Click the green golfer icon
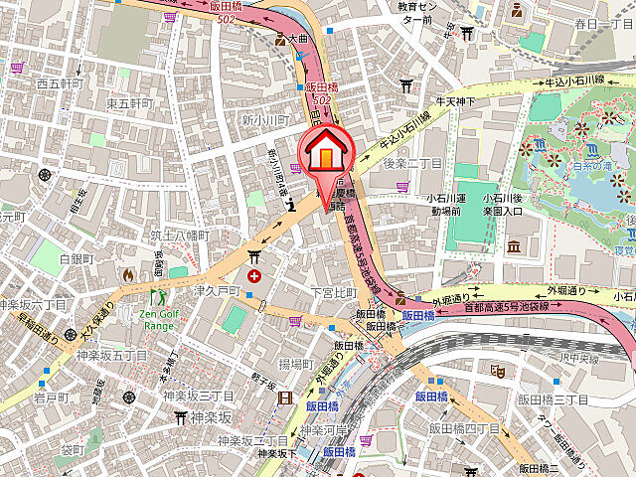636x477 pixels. tap(156, 296)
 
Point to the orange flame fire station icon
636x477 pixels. tap(126, 274)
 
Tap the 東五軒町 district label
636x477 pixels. tap(130, 103)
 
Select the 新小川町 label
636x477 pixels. tap(265, 119)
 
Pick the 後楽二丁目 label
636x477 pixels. tap(411, 162)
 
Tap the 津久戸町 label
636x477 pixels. tap(218, 291)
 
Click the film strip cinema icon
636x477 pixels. tap(286, 399)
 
